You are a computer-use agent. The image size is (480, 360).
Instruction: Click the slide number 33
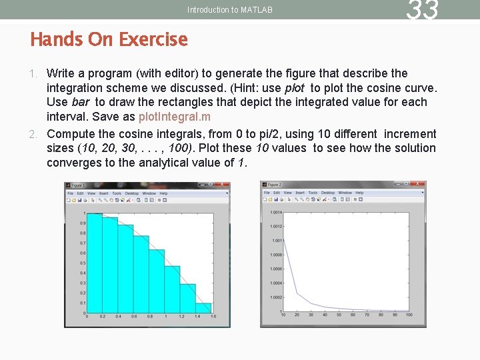(423, 10)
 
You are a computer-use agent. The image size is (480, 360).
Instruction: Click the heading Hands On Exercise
(109, 39)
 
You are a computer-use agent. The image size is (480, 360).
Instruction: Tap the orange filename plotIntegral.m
(174, 117)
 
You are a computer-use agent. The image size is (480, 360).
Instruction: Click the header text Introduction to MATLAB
(230, 10)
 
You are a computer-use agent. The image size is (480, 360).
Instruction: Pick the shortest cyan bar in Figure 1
(204, 307)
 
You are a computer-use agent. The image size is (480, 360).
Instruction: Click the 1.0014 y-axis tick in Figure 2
(276, 213)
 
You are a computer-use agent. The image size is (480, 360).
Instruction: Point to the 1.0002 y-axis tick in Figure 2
(276, 297)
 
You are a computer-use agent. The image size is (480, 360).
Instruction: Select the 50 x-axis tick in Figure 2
(339, 315)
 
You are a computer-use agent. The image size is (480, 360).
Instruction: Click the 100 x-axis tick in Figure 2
(408, 315)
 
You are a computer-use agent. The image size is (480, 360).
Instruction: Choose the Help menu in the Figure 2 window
(359, 193)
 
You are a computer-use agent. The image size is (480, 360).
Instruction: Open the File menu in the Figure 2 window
(267, 193)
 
